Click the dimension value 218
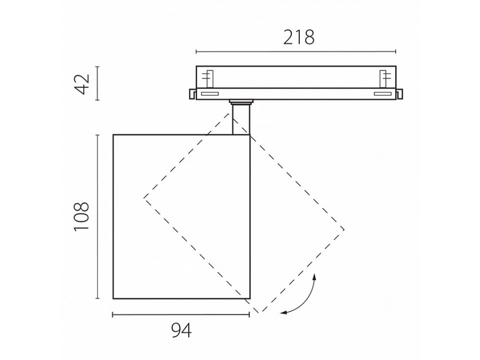pyautogui.click(x=299, y=37)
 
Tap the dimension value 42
pyautogui.click(x=82, y=84)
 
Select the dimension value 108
pyautogui.click(x=82, y=217)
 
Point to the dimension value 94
pyautogui.click(x=181, y=330)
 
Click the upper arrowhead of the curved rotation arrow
pyautogui.click(x=314, y=278)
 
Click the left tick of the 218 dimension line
pyautogui.click(x=196, y=51)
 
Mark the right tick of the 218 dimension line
pyautogui.click(x=396, y=51)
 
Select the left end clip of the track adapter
pyautogui.click(x=193, y=94)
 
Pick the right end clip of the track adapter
pyautogui.click(x=399, y=94)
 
